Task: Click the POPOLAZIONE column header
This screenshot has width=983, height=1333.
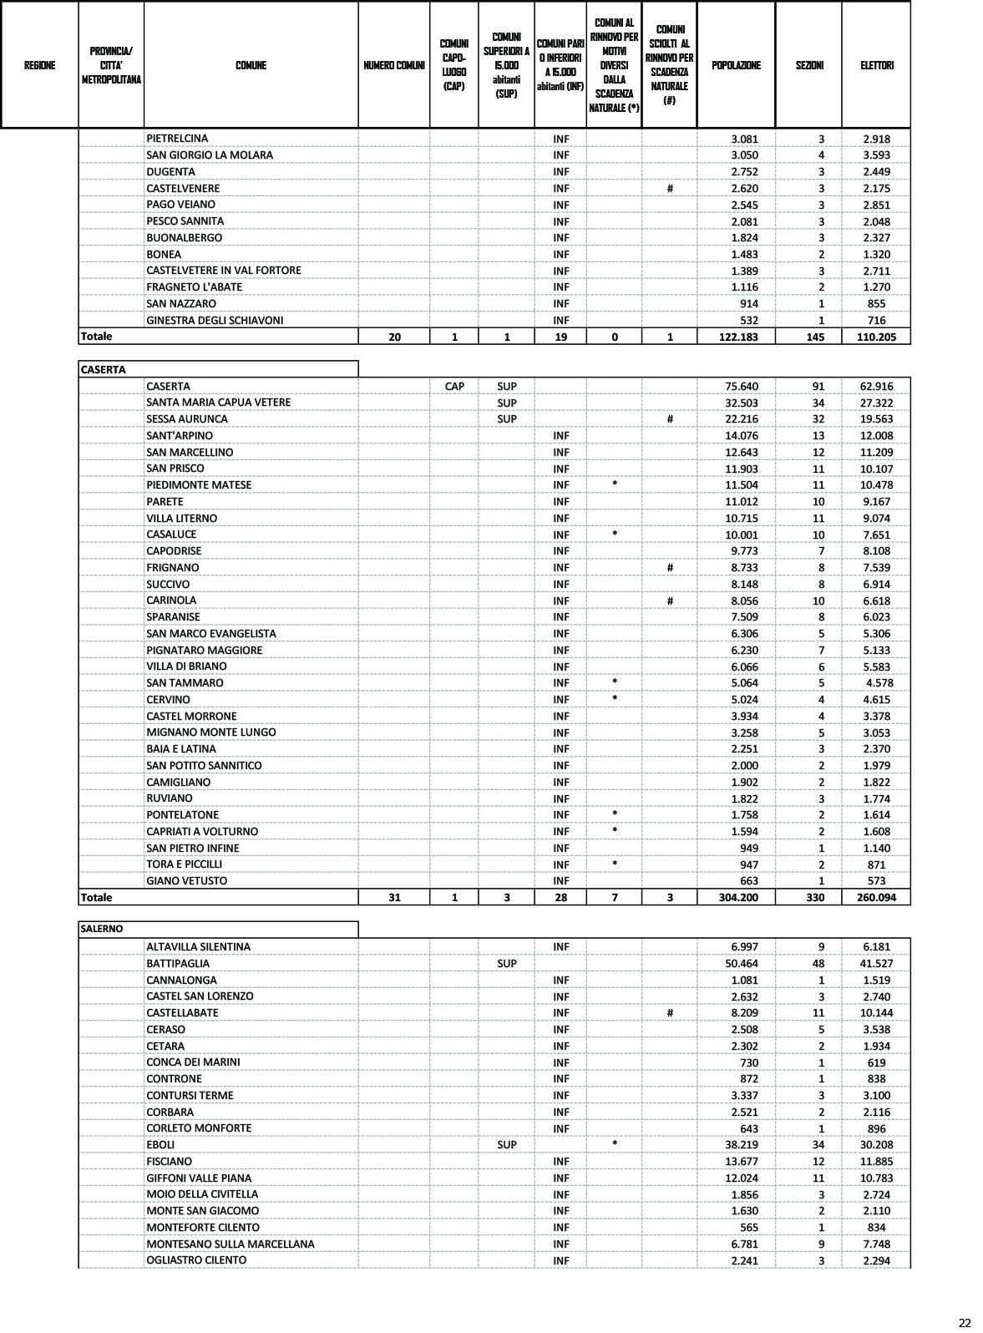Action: [736, 65]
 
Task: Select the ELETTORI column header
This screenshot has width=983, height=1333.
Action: [876, 65]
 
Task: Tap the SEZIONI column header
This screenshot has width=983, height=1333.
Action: [808, 65]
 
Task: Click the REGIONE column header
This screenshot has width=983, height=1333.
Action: [40, 65]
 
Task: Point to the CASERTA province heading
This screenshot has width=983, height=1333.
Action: [103, 369]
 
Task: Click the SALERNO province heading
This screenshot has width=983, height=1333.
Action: [102, 929]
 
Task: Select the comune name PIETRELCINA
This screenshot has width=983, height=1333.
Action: [177, 139]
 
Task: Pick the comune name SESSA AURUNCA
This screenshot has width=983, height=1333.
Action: [186, 419]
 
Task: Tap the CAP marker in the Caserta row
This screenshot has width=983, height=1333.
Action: [454, 387]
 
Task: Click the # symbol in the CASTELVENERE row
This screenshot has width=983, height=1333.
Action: [670, 189]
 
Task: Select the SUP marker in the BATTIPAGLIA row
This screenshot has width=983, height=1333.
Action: [506, 964]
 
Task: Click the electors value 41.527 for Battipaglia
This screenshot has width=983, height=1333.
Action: [876, 964]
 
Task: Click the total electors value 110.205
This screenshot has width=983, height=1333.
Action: [876, 337]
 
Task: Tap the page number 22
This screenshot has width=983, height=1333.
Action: [965, 1323]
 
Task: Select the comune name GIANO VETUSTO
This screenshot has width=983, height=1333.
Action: [186, 881]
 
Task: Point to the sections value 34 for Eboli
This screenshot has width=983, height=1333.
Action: [818, 1145]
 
